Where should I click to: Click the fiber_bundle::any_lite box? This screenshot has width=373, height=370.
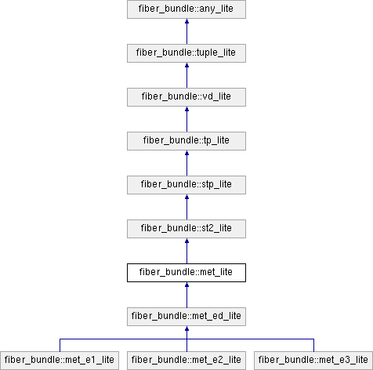point(186,9)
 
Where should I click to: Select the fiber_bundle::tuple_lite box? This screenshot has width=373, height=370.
point(186,53)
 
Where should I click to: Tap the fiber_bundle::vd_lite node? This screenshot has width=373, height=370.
point(186,97)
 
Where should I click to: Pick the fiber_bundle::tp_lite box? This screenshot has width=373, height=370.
point(186,141)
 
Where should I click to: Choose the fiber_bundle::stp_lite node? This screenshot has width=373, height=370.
point(186,185)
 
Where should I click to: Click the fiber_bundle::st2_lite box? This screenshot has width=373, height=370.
point(186,229)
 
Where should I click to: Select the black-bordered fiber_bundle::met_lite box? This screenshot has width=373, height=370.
point(186,273)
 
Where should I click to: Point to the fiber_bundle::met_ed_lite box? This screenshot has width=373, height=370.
point(186,317)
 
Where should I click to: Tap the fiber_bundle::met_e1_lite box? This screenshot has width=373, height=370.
point(60,361)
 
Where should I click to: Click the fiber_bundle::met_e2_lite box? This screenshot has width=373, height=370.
point(186,361)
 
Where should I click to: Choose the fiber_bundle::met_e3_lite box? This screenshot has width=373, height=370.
point(313,361)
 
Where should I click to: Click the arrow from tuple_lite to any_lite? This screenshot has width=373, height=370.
point(186,31)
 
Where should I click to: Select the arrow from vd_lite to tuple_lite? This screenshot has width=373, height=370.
point(186,75)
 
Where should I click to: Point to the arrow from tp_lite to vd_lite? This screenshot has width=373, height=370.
point(186,119)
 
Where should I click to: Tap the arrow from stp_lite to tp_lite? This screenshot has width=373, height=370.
point(186,163)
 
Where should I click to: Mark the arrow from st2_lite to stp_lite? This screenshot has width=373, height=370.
point(186,207)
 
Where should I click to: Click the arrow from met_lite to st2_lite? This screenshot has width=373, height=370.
point(186,251)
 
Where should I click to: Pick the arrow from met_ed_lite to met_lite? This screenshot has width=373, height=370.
point(186,295)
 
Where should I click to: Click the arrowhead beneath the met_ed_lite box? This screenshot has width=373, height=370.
point(186,328)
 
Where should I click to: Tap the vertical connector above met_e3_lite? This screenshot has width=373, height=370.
point(313,346)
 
